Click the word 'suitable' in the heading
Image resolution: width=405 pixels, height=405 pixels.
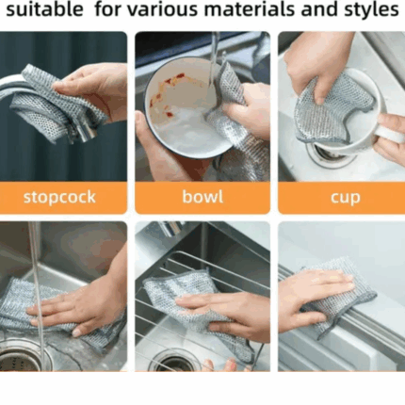coord(44,9)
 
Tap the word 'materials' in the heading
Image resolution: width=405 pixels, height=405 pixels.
coord(250,9)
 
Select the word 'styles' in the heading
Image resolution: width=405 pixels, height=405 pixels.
coord(371,10)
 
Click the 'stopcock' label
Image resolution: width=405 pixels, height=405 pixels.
coord(59,197)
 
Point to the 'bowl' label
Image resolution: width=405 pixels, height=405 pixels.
coord(202,197)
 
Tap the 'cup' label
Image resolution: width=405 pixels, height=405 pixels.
coord(345,198)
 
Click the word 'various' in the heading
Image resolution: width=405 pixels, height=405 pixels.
coord(163,9)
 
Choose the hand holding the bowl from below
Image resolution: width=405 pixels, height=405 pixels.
coord(163,151)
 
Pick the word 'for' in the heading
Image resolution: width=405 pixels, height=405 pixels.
coord(108,9)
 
